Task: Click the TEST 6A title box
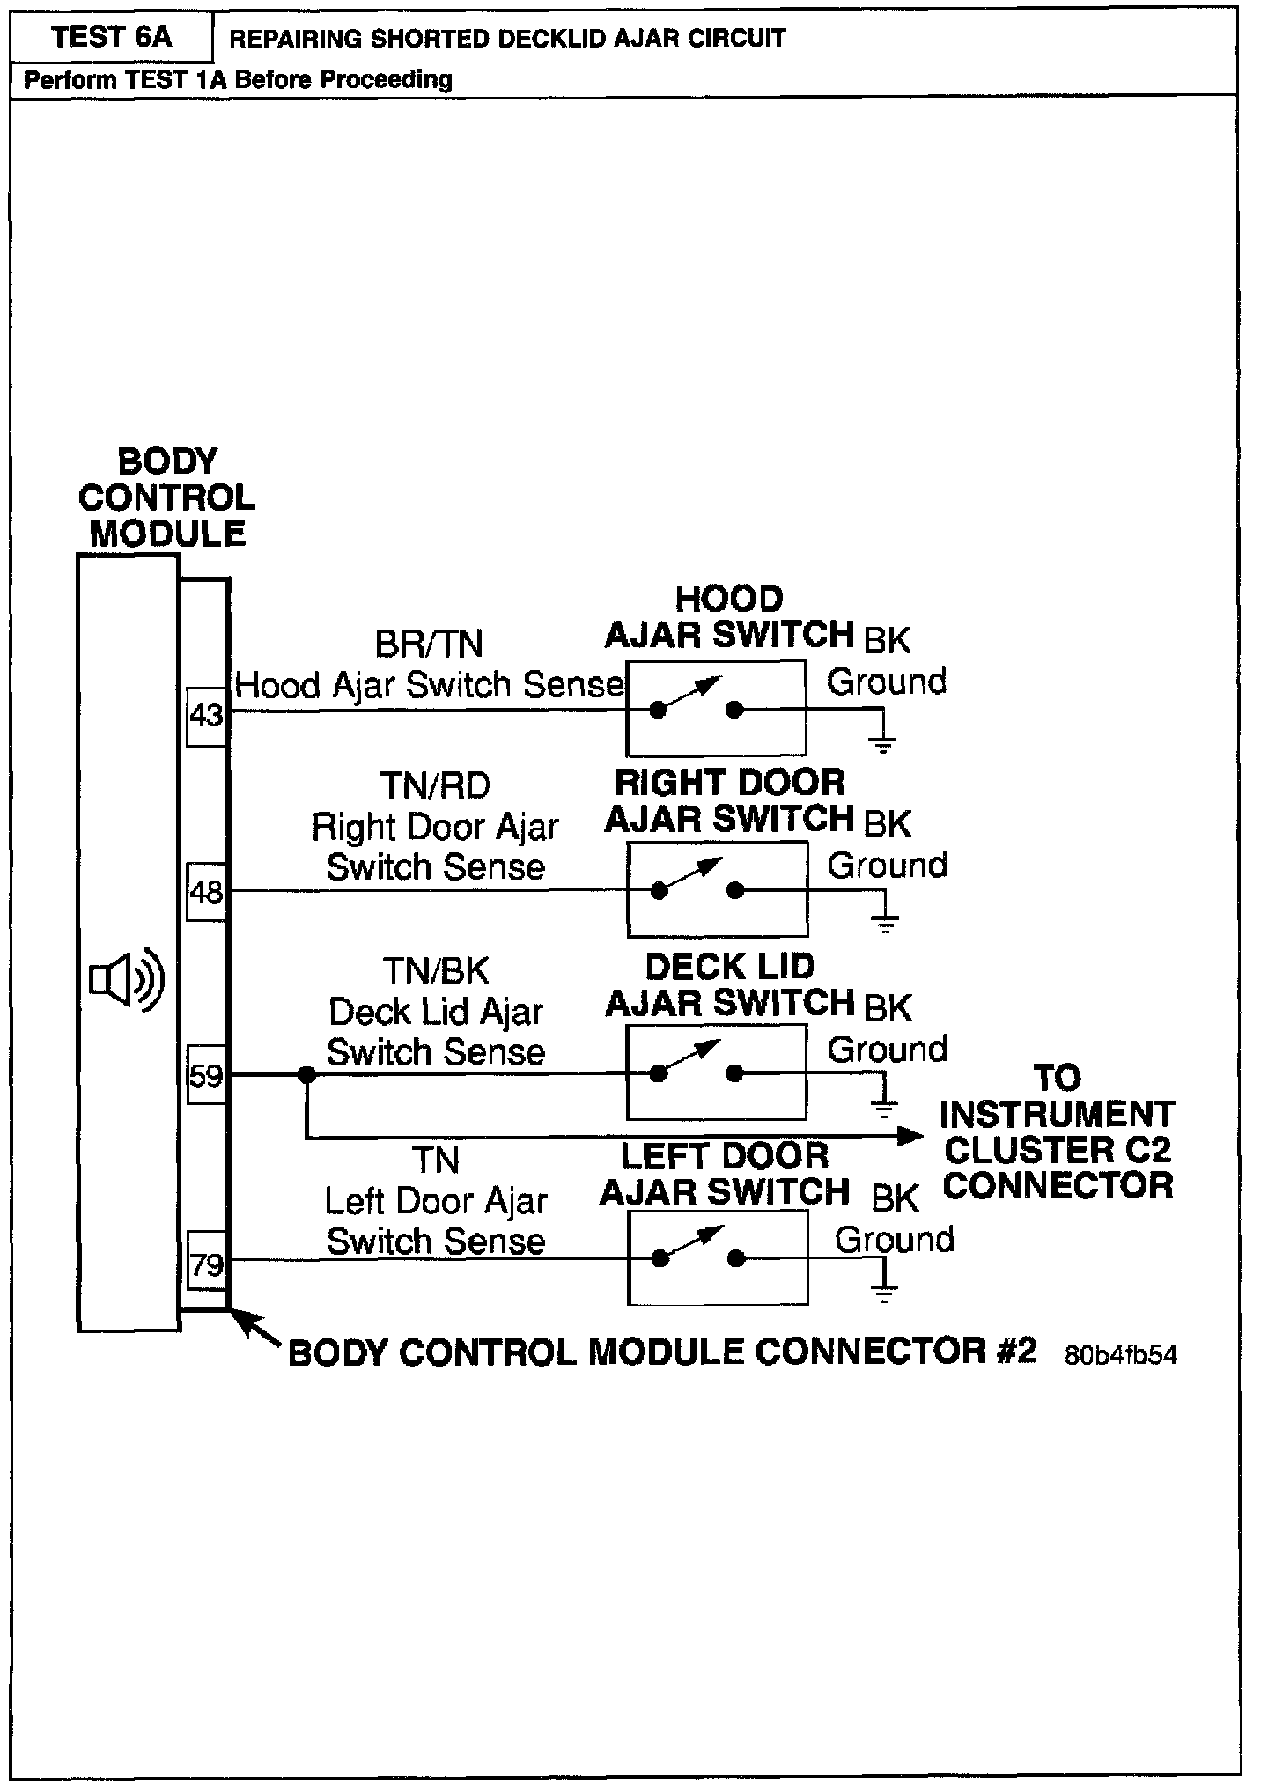111,38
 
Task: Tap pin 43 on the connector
207,715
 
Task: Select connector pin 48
207,893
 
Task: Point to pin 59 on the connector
207,1075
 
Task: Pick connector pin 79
207,1265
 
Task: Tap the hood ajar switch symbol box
716,708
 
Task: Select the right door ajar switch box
717,889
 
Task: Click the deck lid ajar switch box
716,1072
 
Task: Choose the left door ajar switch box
717,1257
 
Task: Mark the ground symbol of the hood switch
882,743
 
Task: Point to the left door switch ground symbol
885,1293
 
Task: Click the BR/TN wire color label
429,644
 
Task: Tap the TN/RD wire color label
435,785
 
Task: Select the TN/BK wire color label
435,971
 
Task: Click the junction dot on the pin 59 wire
306,1074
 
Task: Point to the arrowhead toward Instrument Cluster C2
910,1136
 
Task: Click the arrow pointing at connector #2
255,1329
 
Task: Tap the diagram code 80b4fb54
1120,1354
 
